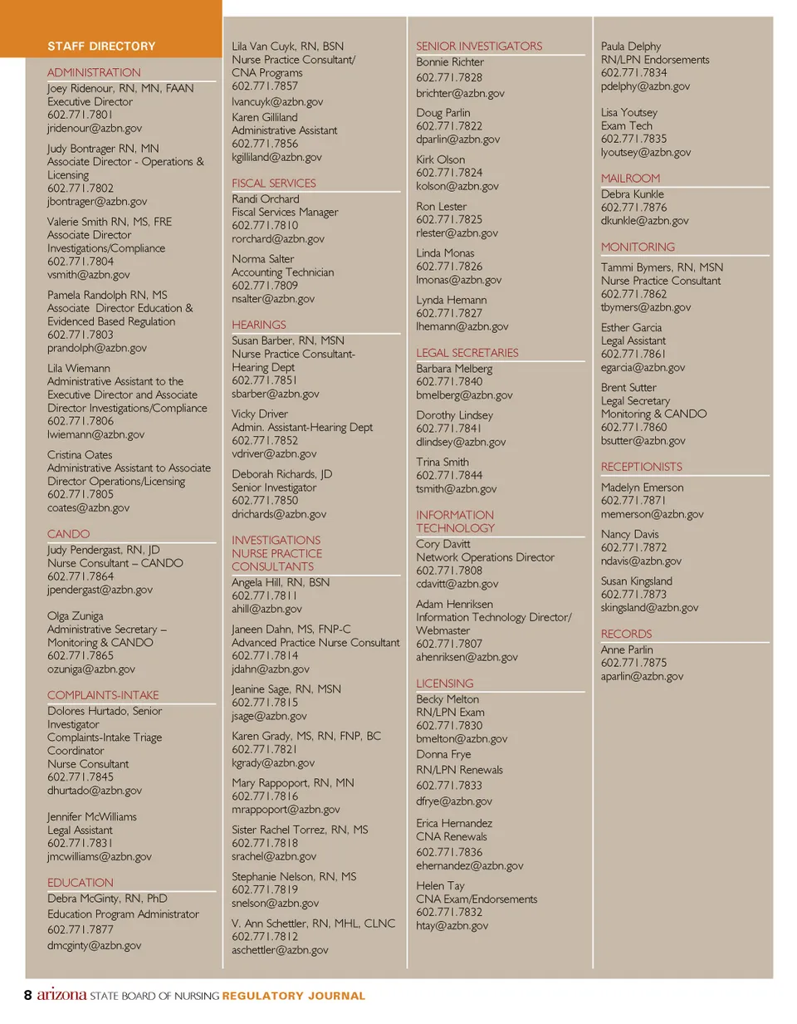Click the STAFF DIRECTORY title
pyautogui.click(x=101, y=47)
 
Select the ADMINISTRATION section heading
pyautogui.click(x=94, y=73)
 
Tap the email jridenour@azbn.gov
pyautogui.click(x=95, y=129)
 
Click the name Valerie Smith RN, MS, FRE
pyautogui.click(x=110, y=222)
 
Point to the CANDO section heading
pyautogui.click(x=68, y=534)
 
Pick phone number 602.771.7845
pyautogui.click(x=81, y=777)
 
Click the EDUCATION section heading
pyautogui.click(x=81, y=883)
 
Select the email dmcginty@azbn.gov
pyautogui.click(x=95, y=945)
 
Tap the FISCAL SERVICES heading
pyautogui.click(x=274, y=184)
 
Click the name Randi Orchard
pyautogui.click(x=266, y=199)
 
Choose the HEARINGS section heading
pyautogui.click(x=259, y=325)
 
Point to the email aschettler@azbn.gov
pyautogui.click(x=280, y=950)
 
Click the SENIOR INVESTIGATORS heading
pyautogui.click(x=479, y=47)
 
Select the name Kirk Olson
pyautogui.click(x=441, y=159)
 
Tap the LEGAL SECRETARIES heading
pyautogui.click(x=467, y=353)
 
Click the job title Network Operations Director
pyautogui.click(x=486, y=557)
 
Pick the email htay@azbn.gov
pyautogui.click(x=452, y=925)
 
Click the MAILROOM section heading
pyautogui.click(x=631, y=179)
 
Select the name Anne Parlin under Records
pyautogui.click(x=627, y=649)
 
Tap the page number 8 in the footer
pyautogui.click(x=28, y=995)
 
